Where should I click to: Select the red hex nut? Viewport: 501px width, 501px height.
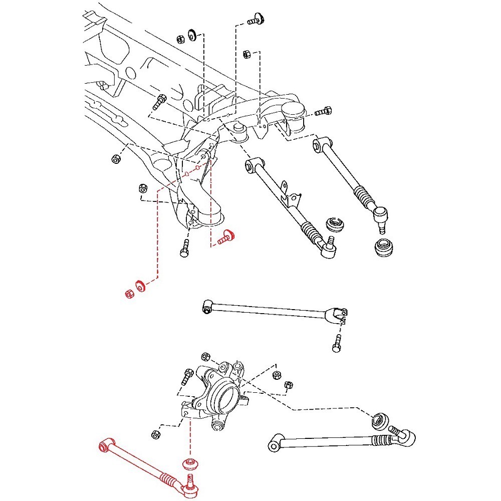click(x=129, y=293)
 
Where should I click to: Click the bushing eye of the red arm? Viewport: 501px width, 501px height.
click(x=106, y=444)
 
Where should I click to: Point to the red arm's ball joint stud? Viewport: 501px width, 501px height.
click(x=190, y=481)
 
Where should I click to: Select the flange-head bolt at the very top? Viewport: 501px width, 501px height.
click(x=257, y=21)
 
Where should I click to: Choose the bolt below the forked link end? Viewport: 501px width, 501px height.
click(x=336, y=345)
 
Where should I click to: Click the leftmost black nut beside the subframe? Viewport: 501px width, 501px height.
click(x=115, y=159)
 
